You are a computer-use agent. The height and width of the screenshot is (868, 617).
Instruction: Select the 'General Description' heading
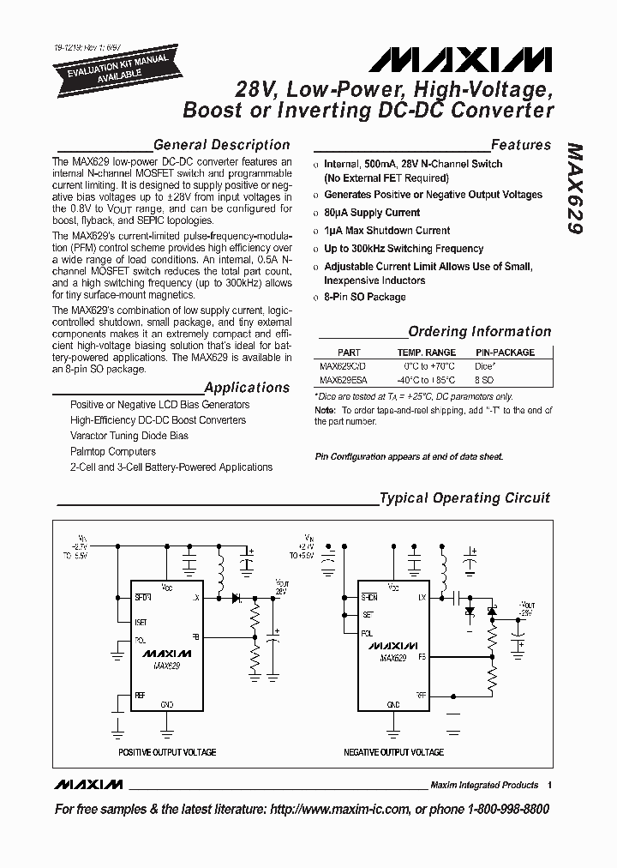click(220, 145)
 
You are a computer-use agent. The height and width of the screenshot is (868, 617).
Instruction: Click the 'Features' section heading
click(520, 145)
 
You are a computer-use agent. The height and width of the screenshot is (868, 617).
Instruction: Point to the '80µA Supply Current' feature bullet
click(372, 213)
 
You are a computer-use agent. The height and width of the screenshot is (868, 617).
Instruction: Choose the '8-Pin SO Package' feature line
click(365, 297)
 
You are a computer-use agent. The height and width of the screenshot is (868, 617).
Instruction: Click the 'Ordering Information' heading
click(479, 331)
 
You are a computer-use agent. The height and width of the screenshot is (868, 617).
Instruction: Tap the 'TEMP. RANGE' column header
click(426, 353)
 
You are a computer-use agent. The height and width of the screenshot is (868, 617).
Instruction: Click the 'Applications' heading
click(247, 387)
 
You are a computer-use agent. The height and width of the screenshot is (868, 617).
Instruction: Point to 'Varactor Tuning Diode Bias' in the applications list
click(129, 436)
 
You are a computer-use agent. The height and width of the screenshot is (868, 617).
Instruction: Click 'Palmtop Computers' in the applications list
click(113, 451)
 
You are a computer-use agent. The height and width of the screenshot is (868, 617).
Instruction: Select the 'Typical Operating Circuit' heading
click(464, 497)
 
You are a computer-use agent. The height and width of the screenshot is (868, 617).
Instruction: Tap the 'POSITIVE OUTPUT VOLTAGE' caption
click(166, 752)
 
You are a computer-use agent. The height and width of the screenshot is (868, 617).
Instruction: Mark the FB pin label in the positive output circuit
click(195, 637)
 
